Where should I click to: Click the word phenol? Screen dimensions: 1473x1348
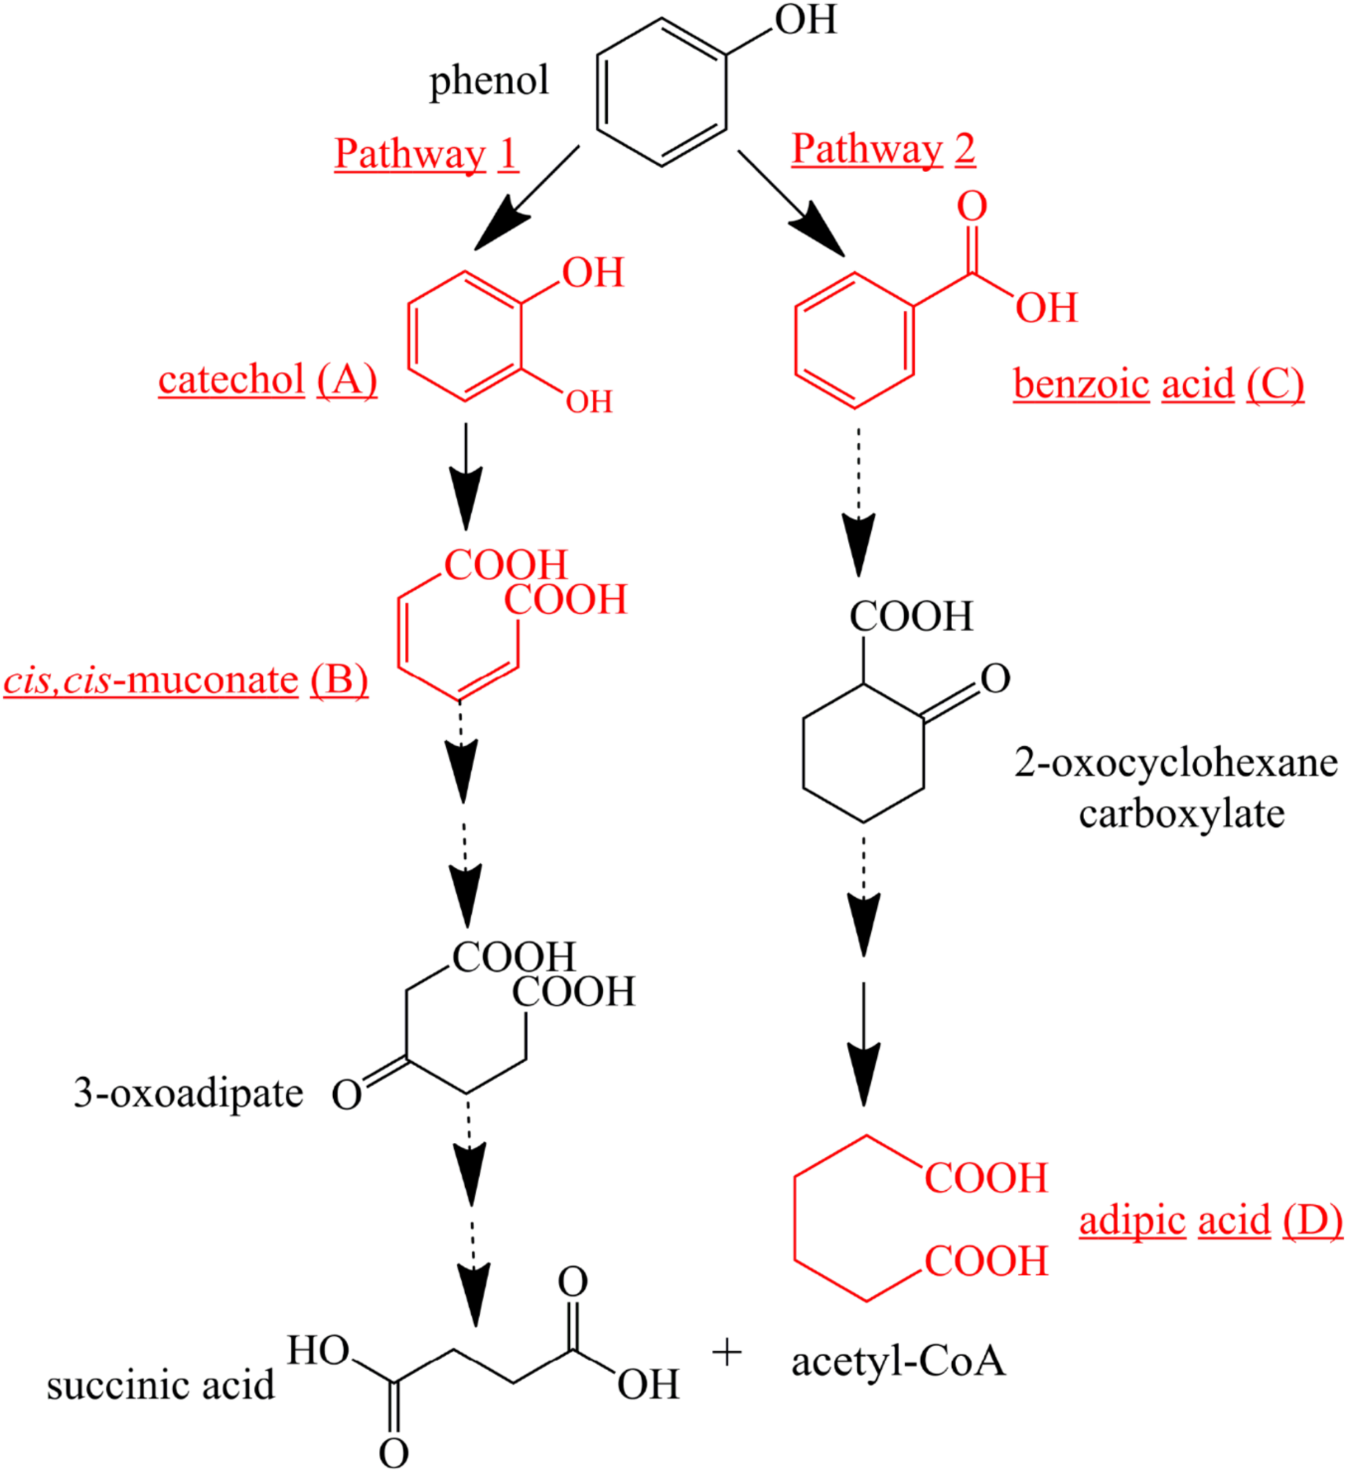point(488,81)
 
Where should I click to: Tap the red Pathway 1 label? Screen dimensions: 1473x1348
point(426,154)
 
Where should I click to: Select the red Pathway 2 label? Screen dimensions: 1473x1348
point(883,149)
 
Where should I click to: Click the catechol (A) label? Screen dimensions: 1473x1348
point(268,381)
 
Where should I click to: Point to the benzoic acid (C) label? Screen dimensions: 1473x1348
point(1158,384)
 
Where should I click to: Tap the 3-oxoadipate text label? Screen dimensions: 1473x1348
point(188,1093)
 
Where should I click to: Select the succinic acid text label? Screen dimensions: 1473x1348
point(161,1385)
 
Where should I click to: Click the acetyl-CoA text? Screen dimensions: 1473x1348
point(898,1361)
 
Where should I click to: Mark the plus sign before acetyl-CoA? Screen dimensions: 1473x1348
point(726,1353)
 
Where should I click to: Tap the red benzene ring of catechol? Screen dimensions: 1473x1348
point(465,336)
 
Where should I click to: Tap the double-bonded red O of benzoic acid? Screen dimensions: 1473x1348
point(972,207)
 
